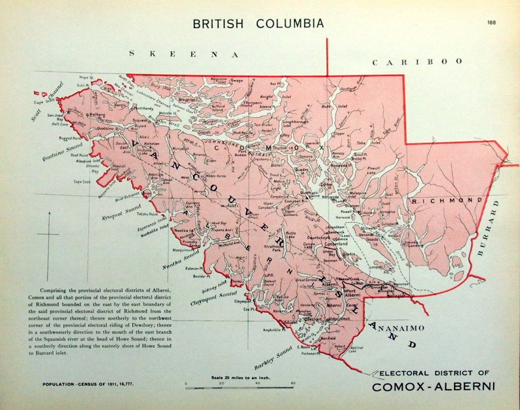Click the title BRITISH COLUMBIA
[x=257, y=24]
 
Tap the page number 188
[x=491, y=23]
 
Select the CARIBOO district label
[x=417, y=62]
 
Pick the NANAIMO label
[x=398, y=326]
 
